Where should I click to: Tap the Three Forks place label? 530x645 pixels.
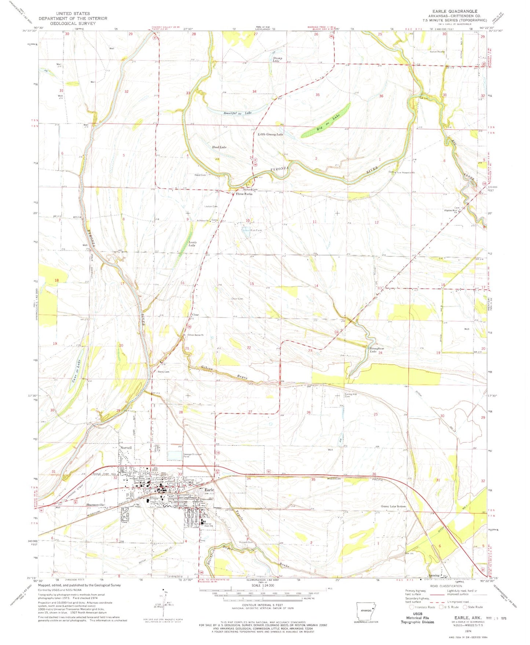coord(244,194)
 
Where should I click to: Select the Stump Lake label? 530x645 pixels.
coord(277,59)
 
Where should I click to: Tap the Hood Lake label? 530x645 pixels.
coord(219,147)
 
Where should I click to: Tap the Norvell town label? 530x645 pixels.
coord(126,448)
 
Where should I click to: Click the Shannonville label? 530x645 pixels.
coord(96,505)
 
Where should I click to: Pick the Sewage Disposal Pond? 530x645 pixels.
coord(175,455)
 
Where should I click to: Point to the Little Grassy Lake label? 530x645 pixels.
coord(270,135)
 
